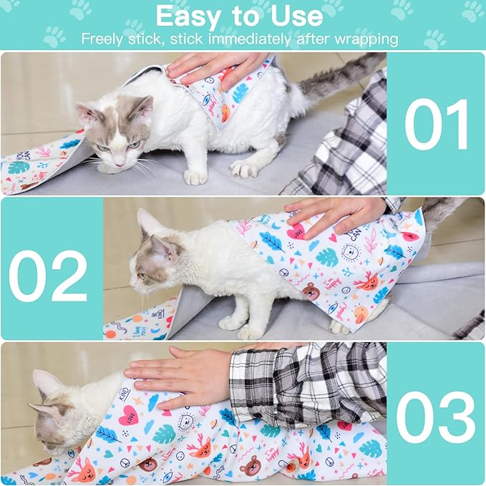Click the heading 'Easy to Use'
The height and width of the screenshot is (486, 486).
(239, 16)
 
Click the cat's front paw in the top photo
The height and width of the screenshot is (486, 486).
(194, 175)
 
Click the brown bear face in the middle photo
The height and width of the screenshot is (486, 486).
(311, 291)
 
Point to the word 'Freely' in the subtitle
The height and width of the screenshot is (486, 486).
(102, 39)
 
